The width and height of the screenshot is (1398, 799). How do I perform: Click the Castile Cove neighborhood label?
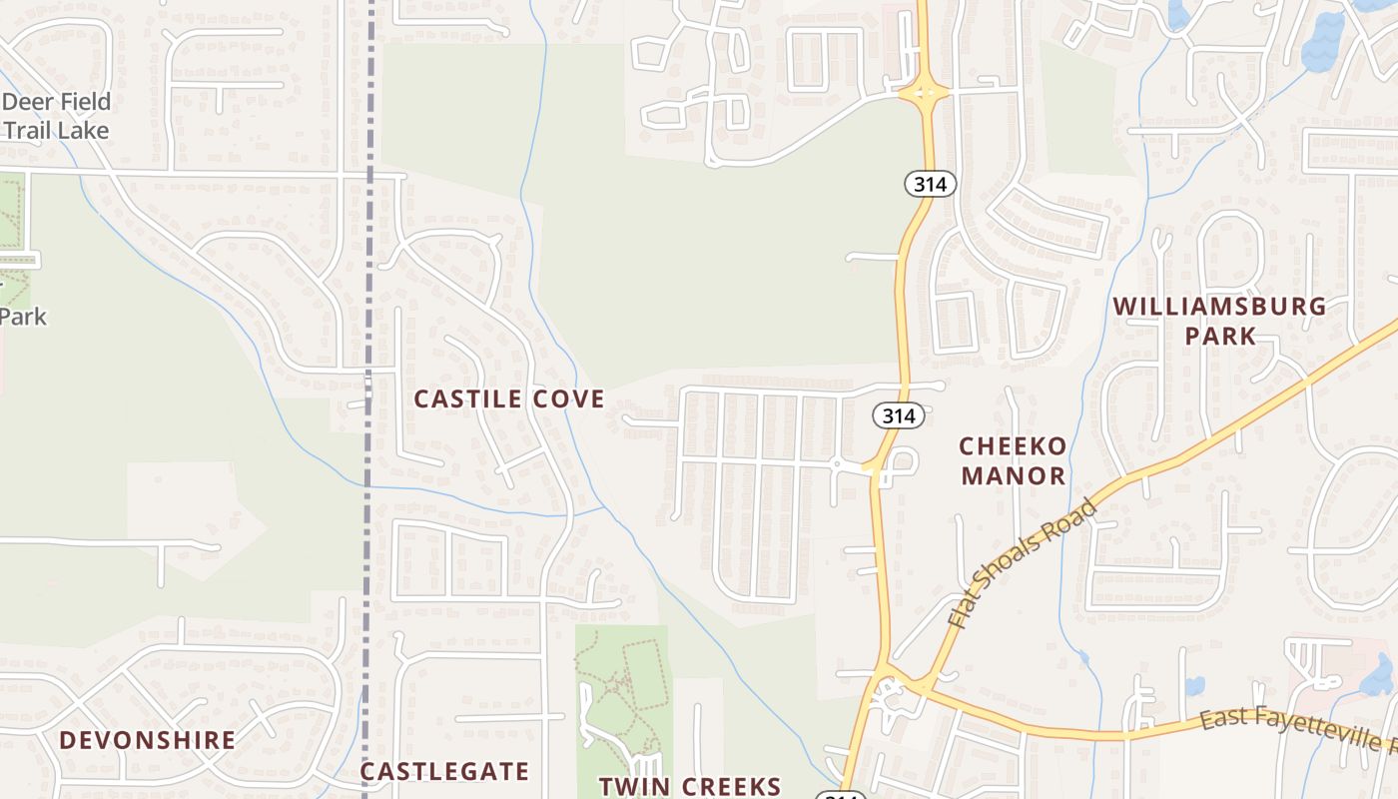coord(509,399)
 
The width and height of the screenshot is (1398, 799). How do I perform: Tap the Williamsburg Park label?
coord(1219,321)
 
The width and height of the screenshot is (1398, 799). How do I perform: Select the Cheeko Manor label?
coord(1014,460)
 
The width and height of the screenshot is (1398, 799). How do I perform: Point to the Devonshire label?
coord(148,741)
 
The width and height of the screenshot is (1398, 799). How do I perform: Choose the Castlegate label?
coord(444,771)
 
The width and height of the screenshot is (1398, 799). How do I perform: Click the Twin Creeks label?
coord(689,786)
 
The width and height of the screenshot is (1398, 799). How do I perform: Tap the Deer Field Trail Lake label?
coord(56,116)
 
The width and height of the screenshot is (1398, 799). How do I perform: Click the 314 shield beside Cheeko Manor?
coord(898,415)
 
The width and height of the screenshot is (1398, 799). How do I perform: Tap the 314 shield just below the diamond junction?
coord(931,183)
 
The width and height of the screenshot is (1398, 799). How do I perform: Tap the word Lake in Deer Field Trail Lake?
coord(84,130)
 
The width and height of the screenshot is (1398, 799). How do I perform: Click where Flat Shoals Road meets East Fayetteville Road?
coord(927,684)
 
